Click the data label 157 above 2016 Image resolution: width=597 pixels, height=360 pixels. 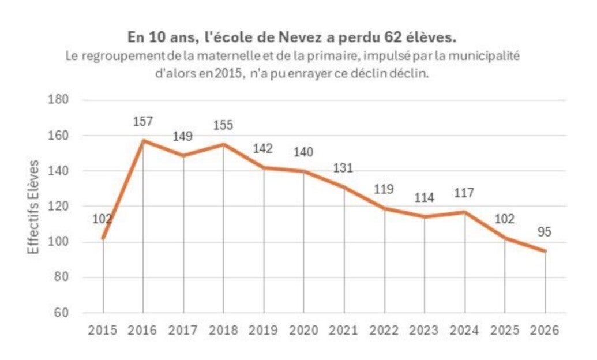pyautogui.click(x=142, y=122)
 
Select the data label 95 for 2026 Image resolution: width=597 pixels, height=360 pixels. pyautogui.click(x=545, y=232)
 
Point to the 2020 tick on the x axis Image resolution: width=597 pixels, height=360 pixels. pyautogui.click(x=304, y=331)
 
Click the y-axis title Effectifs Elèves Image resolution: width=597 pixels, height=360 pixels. pyautogui.click(x=34, y=206)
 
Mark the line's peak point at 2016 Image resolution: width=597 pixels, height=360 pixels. pyautogui.click(x=142, y=140)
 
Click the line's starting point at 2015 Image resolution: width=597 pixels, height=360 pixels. pyautogui.click(x=103, y=238)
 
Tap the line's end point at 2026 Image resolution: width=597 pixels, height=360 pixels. pyautogui.click(x=545, y=251)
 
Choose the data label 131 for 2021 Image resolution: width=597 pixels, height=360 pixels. pyautogui.click(x=344, y=168)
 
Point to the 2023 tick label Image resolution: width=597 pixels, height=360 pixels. pyautogui.click(x=425, y=331)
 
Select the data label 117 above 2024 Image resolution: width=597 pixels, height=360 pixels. pyautogui.click(x=464, y=193)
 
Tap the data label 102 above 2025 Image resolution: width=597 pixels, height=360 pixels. pyautogui.click(x=505, y=219)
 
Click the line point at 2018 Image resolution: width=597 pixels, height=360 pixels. pyautogui.click(x=223, y=144)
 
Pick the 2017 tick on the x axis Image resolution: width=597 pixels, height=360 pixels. pyautogui.click(x=183, y=331)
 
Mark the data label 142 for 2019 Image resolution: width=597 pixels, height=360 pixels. pyautogui.click(x=264, y=148)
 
